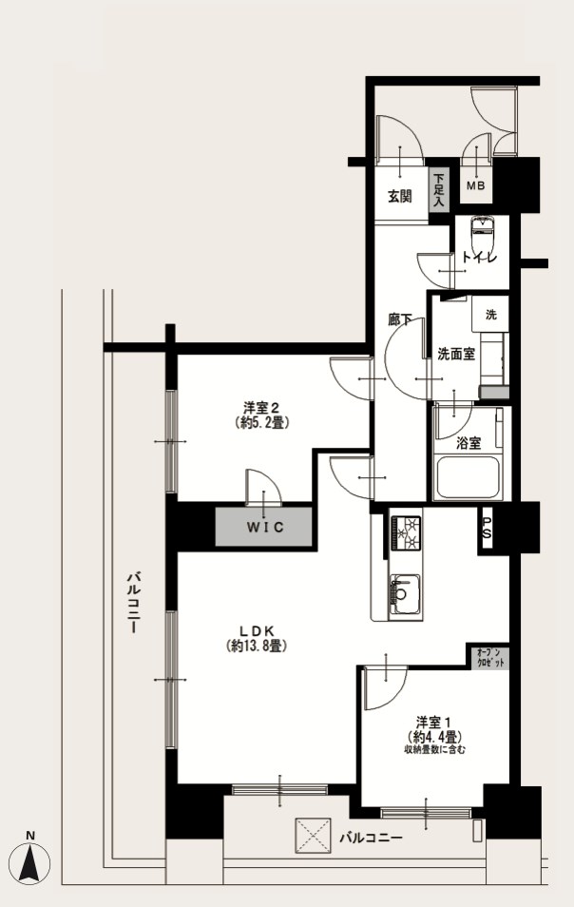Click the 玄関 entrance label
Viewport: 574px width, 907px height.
[399, 196]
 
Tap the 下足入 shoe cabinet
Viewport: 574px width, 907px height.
[440, 191]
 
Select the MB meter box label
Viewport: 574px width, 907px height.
[476, 185]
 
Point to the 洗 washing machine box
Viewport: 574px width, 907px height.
[490, 315]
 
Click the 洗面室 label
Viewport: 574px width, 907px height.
[456, 354]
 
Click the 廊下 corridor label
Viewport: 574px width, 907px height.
[399, 319]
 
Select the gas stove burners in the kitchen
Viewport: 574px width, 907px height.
[407, 532]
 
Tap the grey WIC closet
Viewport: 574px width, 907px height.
[263, 527]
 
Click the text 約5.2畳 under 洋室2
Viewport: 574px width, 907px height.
[262, 423]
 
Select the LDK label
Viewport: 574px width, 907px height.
[256, 631]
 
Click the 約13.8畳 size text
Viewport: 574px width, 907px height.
[256, 646]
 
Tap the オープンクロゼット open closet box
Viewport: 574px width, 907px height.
[488, 658]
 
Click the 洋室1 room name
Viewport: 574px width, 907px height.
[433, 723]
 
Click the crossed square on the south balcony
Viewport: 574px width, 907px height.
[313, 836]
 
